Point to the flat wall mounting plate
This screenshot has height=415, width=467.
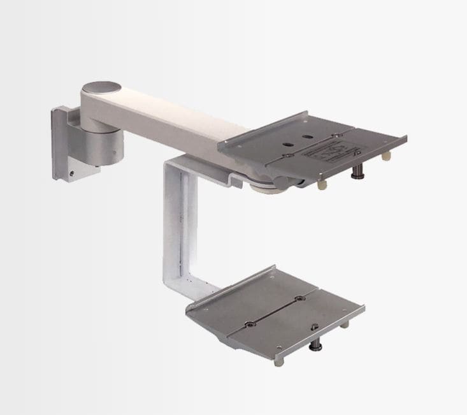pyautogui.click(x=62, y=143)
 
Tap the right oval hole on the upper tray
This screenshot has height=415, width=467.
pyautogui.click(x=307, y=136)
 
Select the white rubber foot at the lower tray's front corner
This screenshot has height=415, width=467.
pyautogui.click(x=278, y=361)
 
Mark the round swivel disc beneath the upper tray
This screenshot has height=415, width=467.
pyautogui.click(x=264, y=186)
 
